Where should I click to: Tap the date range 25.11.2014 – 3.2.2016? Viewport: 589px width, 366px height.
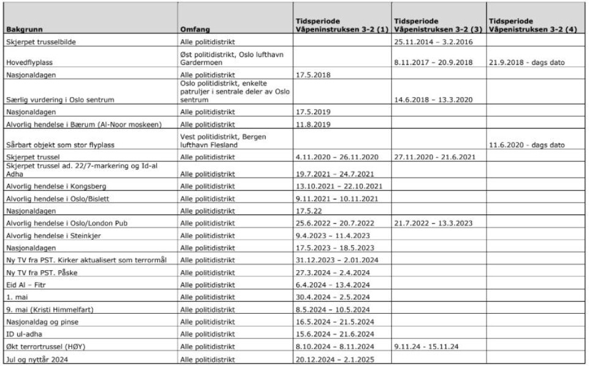coord(430,42)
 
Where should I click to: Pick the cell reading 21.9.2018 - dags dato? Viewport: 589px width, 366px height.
coord(528,62)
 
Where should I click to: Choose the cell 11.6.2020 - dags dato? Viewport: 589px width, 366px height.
coord(528,146)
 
